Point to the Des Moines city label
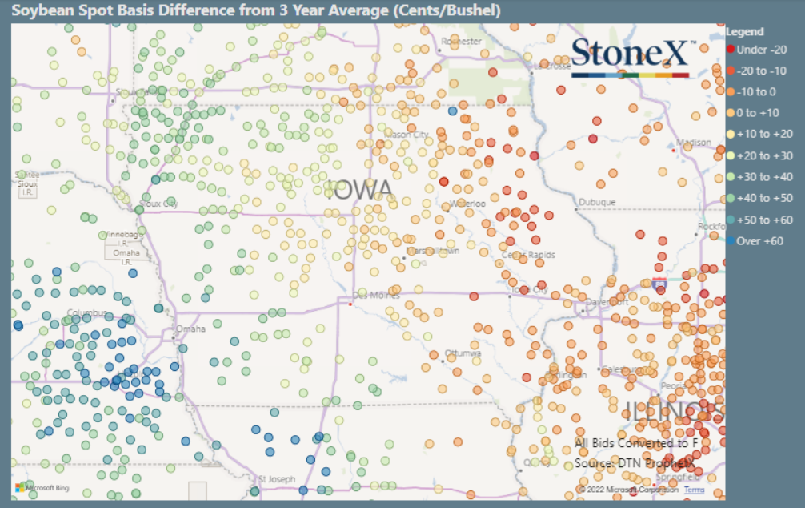click(375, 295)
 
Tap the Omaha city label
click(191, 329)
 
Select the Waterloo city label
click(468, 204)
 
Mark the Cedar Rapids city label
click(527, 255)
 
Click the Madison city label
click(693, 143)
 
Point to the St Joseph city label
click(277, 479)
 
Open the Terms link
click(694, 490)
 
